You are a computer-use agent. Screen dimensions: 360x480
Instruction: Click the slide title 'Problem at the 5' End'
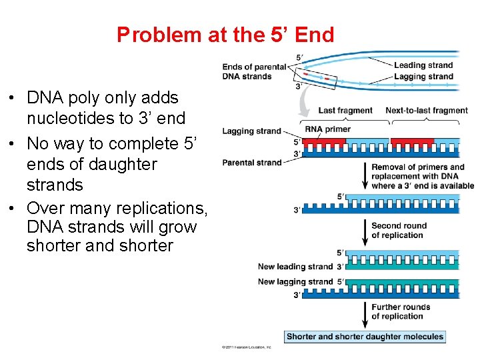coord(225,35)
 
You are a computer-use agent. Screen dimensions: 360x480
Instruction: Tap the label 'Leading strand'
coord(423,65)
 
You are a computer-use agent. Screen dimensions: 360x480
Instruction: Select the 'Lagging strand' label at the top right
coord(423,76)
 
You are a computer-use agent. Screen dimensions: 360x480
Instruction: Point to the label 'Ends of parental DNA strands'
coord(247,71)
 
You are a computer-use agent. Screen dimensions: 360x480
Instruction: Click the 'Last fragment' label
coord(345,111)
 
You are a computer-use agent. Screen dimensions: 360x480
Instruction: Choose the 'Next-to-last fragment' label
coord(427,111)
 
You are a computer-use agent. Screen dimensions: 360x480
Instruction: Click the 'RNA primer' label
coord(327,129)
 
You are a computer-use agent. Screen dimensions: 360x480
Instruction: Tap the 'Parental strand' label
coord(251,163)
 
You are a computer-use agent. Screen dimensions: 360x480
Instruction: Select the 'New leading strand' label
coord(296,267)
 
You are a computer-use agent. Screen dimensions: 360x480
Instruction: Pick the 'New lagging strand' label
coord(295,281)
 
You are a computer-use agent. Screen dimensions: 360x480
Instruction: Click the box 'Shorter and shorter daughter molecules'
coord(365,337)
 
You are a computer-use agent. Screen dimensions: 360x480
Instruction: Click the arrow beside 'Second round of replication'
coord(365,231)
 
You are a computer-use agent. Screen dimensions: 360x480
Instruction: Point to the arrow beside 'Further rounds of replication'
coord(365,312)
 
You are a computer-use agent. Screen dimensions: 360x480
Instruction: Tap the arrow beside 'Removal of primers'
coord(365,176)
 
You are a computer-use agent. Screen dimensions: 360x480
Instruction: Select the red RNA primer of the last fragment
coord(325,141)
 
